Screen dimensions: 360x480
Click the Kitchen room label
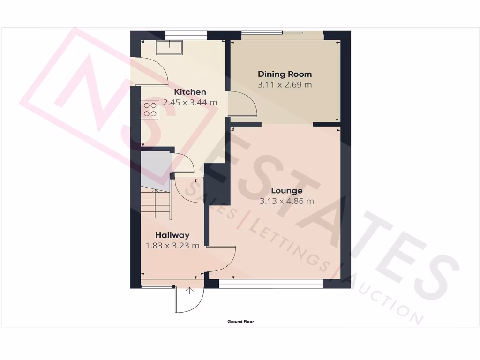tap(190, 92)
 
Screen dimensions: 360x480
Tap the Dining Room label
tap(285, 74)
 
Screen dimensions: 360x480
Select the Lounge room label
tap(286, 191)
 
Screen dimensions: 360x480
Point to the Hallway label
tap(172, 235)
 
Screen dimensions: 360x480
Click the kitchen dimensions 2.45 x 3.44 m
tap(190, 103)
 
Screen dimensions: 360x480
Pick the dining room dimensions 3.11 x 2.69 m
tap(285, 85)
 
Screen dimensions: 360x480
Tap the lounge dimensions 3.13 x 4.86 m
tap(286, 202)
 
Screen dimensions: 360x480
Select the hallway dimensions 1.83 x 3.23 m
tap(172, 245)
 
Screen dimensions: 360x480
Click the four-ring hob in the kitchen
tap(150, 110)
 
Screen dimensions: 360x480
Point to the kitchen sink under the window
tap(170, 47)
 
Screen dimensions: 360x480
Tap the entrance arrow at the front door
tap(190, 291)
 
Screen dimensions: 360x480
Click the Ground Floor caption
tap(240, 322)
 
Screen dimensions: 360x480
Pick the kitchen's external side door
tap(151, 70)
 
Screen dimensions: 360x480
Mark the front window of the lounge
tap(271, 284)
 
